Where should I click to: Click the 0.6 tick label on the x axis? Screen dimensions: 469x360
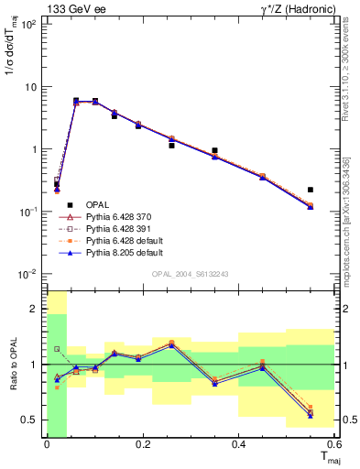(332, 445)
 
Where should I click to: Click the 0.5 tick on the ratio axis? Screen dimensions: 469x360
(30, 420)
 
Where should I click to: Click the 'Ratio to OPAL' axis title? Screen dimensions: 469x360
(12, 365)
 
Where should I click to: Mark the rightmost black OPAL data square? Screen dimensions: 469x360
(311, 190)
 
